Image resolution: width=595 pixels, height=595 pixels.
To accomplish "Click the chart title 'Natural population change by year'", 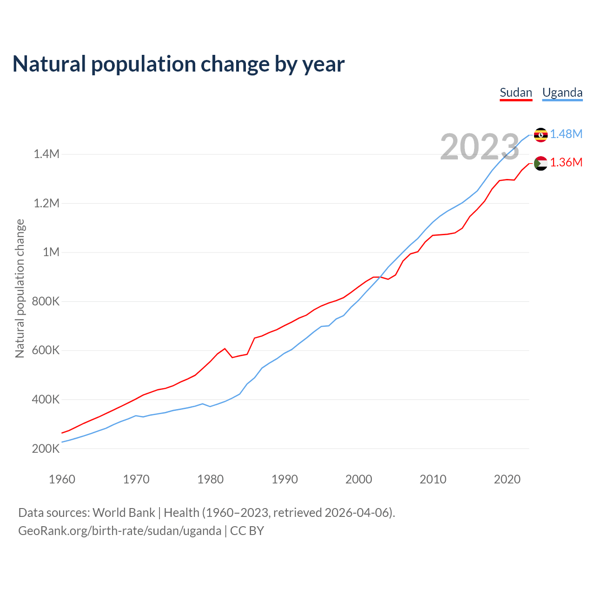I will point(178,64).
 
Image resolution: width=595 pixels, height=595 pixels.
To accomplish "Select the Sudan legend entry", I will point(516,93).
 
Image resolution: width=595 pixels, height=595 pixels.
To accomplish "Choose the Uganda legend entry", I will point(562,93).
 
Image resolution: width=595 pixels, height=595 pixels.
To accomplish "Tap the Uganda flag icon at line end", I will point(541,134).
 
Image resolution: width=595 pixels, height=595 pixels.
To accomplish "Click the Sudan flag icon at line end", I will point(541,163).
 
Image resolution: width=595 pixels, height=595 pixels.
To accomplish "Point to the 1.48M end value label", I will point(566,134).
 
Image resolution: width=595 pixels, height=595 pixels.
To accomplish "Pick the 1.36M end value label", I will point(566,163).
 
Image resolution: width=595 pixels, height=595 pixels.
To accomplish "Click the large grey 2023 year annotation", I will point(479,147).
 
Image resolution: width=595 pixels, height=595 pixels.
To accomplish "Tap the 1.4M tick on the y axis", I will point(46,154).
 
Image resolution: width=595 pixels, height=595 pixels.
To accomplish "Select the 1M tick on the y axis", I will point(51,252).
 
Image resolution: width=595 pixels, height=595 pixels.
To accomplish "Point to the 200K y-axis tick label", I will point(46,449).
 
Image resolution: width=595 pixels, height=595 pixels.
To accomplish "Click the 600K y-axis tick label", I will point(46,350).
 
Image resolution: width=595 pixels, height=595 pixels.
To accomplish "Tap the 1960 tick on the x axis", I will point(62,479).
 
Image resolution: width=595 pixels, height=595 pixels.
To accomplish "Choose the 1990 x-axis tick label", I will point(284,479).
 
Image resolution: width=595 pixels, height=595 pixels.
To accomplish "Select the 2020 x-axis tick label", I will point(507,479).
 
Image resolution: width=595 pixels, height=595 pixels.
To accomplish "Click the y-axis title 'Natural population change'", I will point(20,288).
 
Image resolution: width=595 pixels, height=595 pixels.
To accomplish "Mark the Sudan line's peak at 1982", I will point(225,348).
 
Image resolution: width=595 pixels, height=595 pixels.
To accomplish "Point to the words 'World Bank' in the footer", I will point(124,513).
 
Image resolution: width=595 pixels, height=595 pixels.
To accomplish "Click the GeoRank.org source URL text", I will point(119,531).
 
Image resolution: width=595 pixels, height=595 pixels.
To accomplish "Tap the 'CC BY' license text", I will point(247,531).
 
